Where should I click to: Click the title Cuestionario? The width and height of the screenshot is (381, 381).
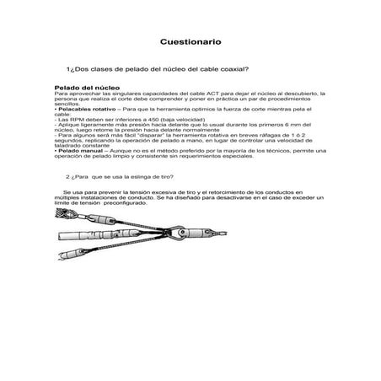(190, 40)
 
